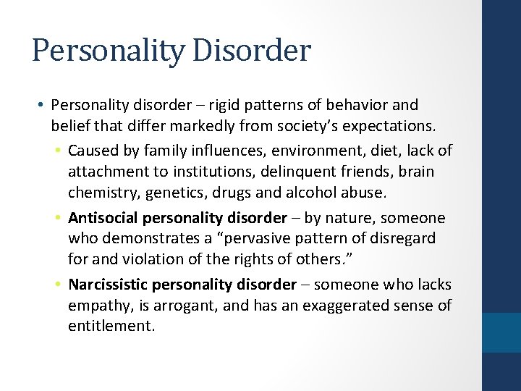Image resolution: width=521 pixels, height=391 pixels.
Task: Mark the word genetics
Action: tap(169, 193)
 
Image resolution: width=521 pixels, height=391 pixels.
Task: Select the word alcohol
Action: tap(310, 193)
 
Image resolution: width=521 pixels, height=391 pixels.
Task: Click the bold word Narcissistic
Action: tap(109, 285)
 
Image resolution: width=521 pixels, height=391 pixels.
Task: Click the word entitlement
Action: tap(111, 327)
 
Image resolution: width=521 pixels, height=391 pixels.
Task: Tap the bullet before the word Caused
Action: tap(57, 151)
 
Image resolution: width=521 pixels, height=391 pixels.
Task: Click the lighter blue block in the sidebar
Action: tap(501, 332)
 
